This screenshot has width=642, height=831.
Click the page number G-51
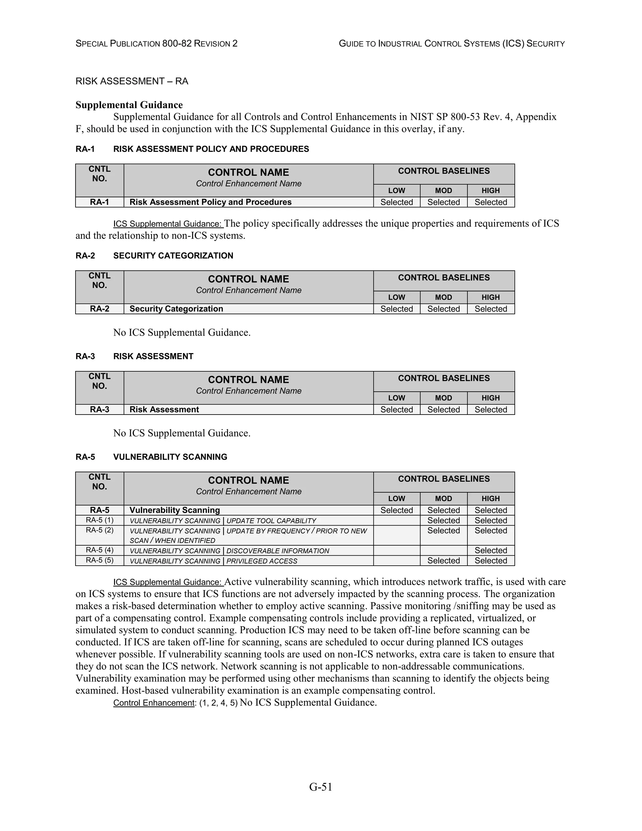pos(321,786)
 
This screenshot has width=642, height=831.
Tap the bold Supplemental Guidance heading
pos(129,105)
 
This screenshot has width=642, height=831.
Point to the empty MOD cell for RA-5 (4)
pos(444,550)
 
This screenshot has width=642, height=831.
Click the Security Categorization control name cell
pos(176,309)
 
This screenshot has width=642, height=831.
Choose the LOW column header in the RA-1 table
pos(396,191)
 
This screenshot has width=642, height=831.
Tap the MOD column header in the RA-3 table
pos(444,398)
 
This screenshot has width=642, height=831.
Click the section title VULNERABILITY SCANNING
pos(170,457)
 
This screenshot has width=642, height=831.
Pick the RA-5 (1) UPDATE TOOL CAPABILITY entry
pos(223,521)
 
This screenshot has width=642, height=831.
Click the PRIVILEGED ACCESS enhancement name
pos(262,561)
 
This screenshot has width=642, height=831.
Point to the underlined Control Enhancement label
pos(154,703)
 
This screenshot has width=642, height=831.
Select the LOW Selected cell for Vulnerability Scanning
pos(396,510)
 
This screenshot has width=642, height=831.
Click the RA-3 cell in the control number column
pos(100,410)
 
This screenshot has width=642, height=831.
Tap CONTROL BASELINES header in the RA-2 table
pos(444,278)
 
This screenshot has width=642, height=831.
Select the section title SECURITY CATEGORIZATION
pos(173,255)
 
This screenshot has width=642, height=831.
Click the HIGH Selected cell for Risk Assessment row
pos(491,410)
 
